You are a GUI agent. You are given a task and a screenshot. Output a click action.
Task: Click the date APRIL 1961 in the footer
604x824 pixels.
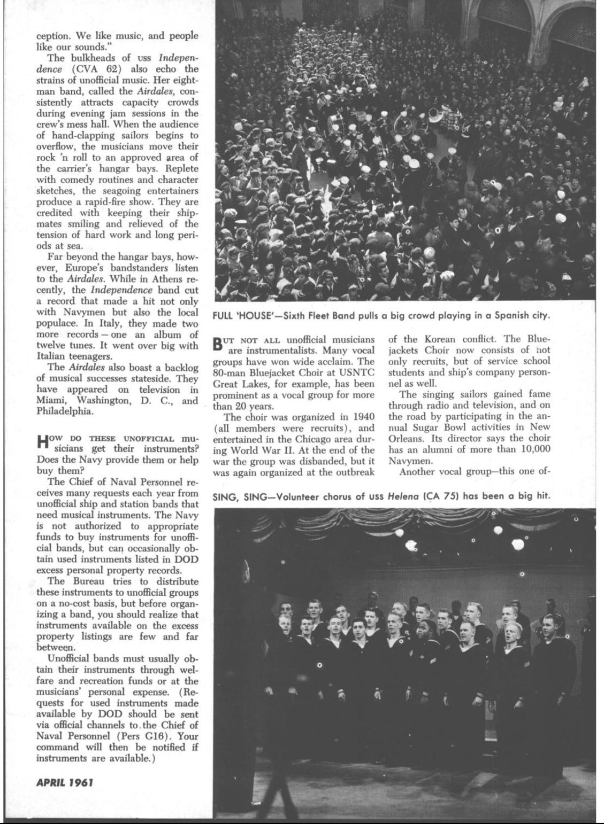64,782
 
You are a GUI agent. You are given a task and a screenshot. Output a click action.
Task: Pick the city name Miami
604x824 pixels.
50,401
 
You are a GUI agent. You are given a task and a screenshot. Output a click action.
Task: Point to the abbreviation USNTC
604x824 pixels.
356,372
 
